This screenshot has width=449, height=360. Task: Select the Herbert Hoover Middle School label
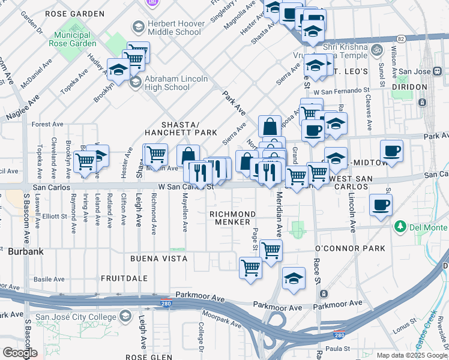tap(173, 28)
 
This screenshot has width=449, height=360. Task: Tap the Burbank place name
tap(25, 252)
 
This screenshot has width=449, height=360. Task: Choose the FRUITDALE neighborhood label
tap(124, 278)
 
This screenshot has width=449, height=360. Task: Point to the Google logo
tap(20, 352)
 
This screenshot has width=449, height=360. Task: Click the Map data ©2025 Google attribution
tap(412, 355)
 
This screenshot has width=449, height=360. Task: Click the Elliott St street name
tap(55, 216)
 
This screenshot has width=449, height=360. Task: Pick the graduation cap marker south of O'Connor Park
tap(293, 278)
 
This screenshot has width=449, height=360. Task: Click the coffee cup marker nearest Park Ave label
tap(391, 151)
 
